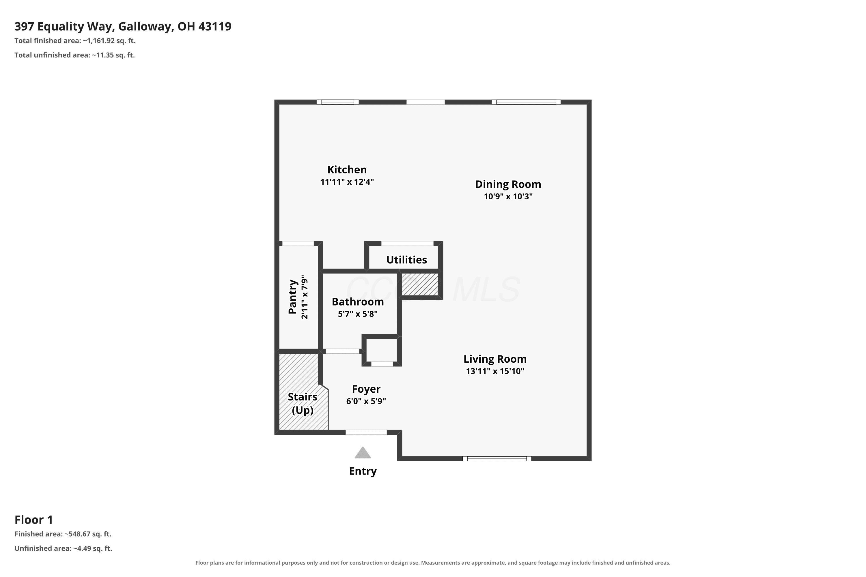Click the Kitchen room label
coord(347,170)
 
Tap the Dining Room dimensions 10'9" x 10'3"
coord(508,196)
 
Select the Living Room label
coord(495,359)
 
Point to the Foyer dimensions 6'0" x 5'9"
coord(366,401)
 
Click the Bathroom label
coord(358,302)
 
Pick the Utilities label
coord(406,260)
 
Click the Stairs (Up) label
coord(303,403)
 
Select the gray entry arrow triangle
coord(363,453)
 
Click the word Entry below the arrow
coord(363,471)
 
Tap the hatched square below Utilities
coord(420,284)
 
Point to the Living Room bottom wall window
coord(497,458)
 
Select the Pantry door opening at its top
coord(298,243)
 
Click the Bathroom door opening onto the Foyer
coord(342,351)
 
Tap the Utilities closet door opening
coord(407,243)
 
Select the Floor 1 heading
coord(34,520)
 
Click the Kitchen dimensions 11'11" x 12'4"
coord(347,182)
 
